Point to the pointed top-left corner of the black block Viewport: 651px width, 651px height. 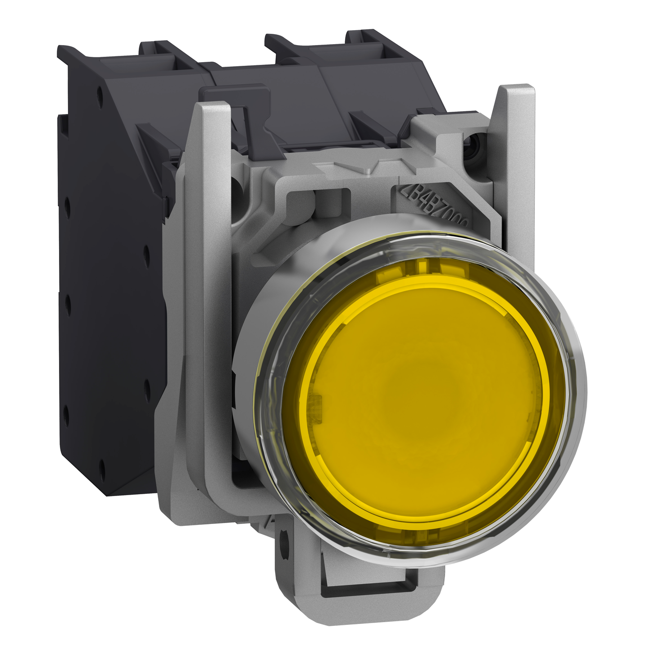click(61, 47)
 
